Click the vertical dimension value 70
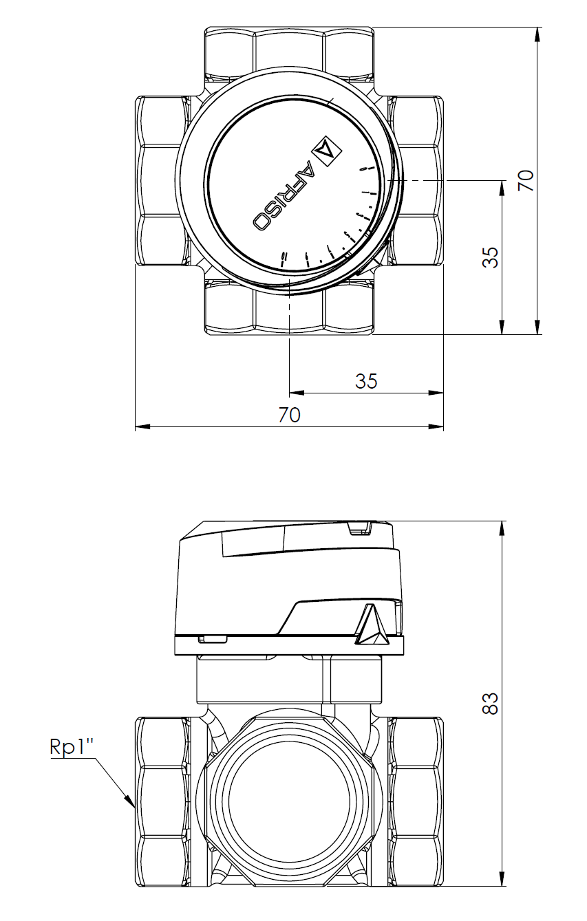click(526, 180)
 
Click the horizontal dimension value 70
click(290, 415)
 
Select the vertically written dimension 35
click(490, 257)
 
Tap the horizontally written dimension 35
click(366, 381)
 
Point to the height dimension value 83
click(490, 703)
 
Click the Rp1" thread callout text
click(72, 748)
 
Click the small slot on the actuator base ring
click(213, 639)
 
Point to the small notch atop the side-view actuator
click(358, 528)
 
